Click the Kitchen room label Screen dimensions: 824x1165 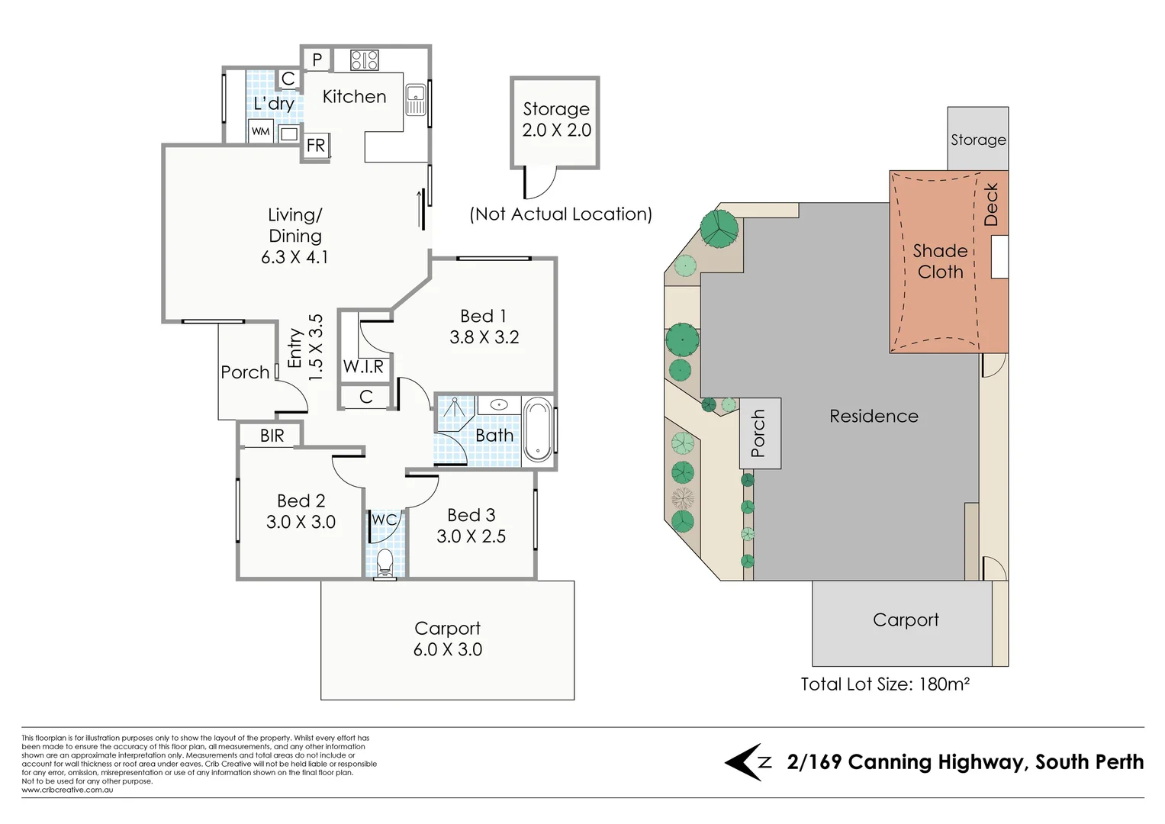point(354,97)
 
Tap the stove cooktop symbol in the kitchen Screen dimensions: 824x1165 point(364,60)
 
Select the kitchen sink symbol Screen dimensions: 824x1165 point(415,99)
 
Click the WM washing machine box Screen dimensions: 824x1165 point(261,131)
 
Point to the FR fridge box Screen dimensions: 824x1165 point(316,145)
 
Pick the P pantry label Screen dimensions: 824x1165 point(317,60)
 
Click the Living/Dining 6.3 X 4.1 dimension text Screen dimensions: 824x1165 point(294,257)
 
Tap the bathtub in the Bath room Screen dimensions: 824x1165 point(538,429)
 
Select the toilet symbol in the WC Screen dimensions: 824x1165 point(385,562)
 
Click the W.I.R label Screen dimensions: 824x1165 point(363,366)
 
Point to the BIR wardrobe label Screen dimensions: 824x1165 point(272,436)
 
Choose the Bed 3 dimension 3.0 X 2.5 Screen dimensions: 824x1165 point(471,536)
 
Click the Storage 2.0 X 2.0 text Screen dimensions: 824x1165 point(556,120)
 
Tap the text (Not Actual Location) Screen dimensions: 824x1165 point(561,214)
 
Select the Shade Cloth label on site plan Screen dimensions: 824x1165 point(940,261)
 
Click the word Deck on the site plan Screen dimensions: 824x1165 point(990,204)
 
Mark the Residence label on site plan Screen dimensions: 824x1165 point(874,416)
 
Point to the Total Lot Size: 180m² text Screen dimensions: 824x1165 point(885,684)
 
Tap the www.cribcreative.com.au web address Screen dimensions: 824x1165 point(67,790)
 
